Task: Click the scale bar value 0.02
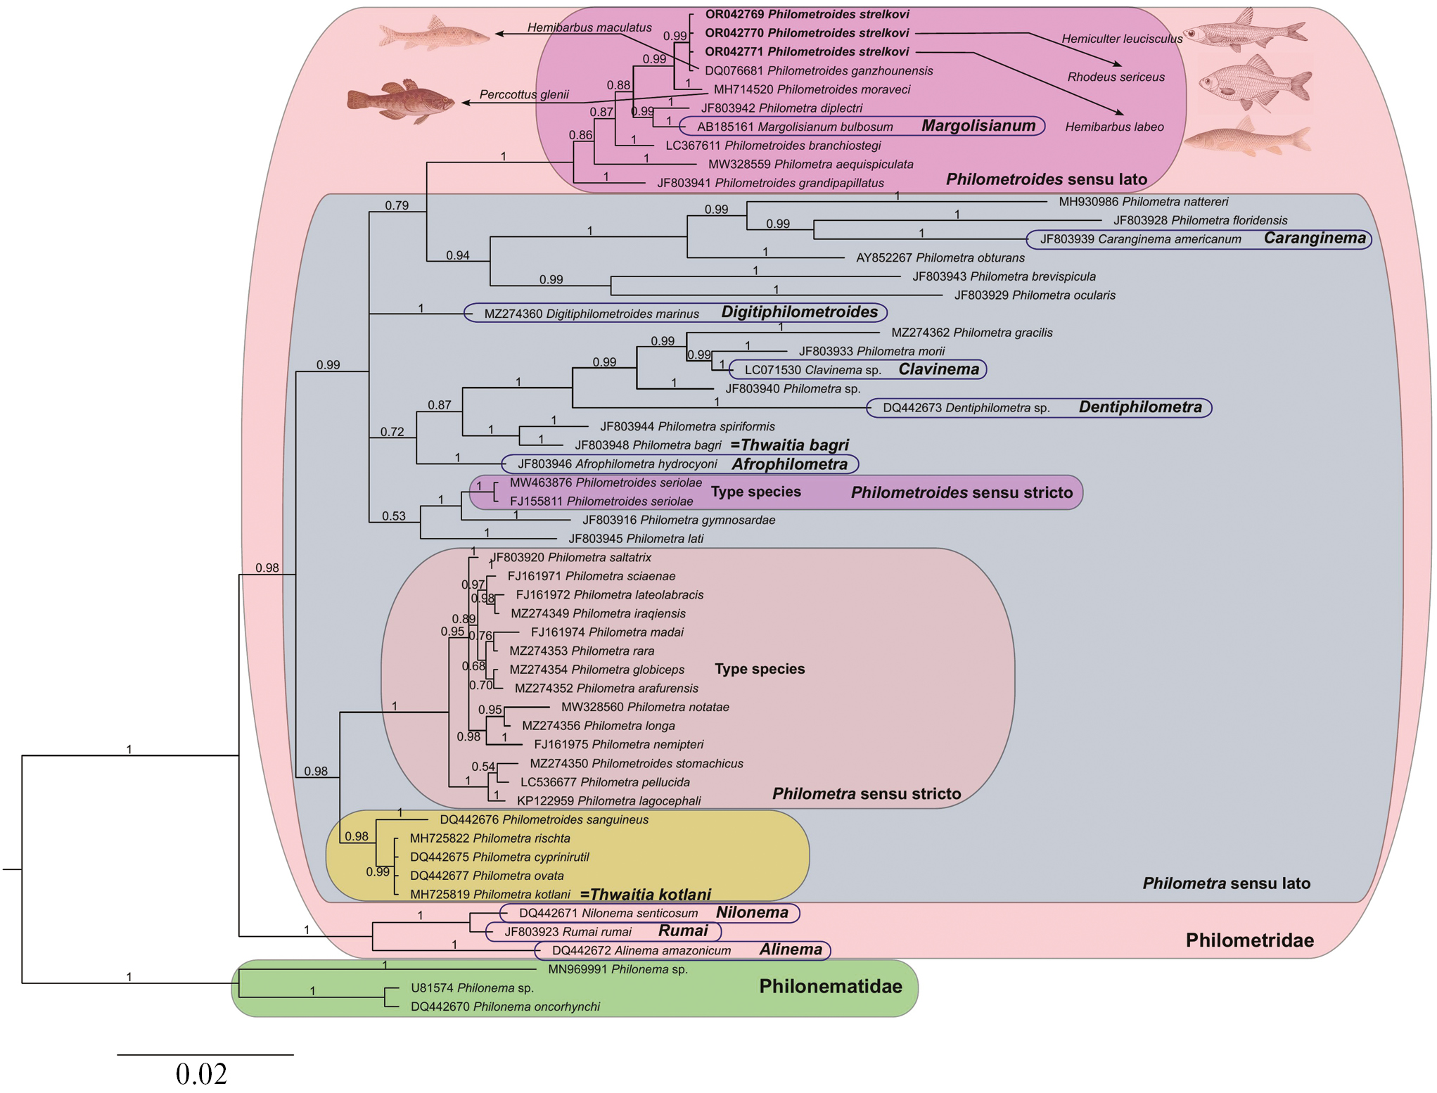201,1074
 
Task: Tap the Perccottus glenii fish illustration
400,101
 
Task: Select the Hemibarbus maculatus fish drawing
433,34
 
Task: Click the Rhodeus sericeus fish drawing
1255,82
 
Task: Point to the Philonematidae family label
830,986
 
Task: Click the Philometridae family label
1249,940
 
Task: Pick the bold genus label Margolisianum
978,126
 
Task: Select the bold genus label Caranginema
1314,238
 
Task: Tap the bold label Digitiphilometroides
799,312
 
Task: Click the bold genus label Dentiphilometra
1140,407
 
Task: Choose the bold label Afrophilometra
789,464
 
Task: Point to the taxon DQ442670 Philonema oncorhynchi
505,1006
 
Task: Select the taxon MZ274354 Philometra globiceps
596,670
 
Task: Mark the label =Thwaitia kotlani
645,895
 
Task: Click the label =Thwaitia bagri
789,445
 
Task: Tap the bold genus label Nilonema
752,913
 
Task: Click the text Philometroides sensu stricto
962,492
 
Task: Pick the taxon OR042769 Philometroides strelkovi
807,14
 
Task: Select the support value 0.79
397,205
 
